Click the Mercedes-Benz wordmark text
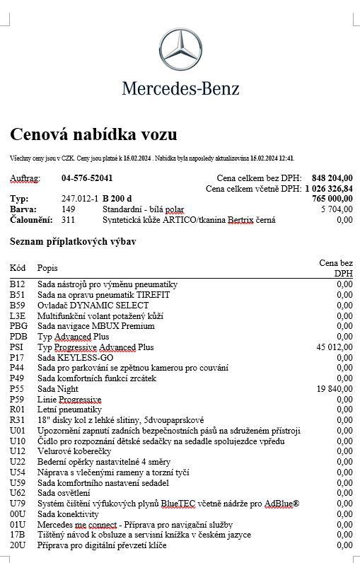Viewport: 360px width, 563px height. pos(180,88)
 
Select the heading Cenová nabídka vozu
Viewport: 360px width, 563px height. pos(93,134)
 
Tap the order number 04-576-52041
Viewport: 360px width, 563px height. pos(87,178)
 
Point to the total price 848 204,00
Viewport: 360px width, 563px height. pos(332,178)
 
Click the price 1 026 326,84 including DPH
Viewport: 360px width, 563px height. pos(329,189)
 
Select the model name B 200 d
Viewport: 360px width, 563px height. pos(117,199)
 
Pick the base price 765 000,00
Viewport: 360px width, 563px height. pos(332,199)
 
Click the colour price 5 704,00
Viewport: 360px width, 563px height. pos(336,210)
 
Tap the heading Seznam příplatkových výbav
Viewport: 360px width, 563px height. pos(73,242)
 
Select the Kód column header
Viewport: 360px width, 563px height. pos(18,268)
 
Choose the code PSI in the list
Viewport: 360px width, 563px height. pos(17,347)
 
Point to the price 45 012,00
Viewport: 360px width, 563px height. pos(334,347)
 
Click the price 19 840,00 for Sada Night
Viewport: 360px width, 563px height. pos(334,389)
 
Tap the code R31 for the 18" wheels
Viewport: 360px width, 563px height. pos(18,420)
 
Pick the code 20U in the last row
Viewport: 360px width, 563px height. pos(18,545)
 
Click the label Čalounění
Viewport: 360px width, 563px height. pos(32,220)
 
